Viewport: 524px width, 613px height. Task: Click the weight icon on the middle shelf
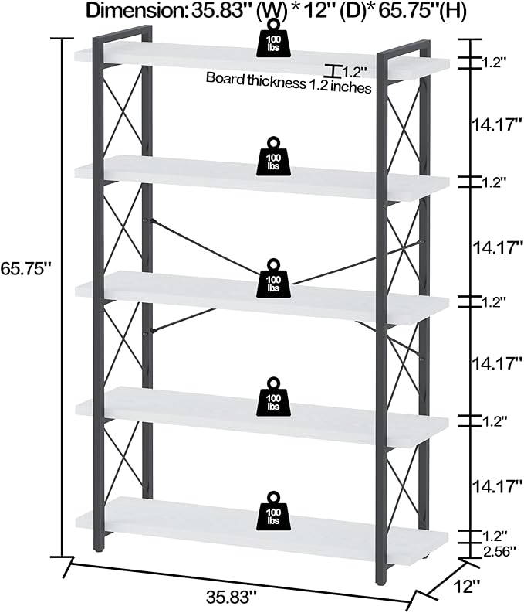click(274, 278)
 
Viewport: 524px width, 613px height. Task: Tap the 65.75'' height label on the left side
click(26, 268)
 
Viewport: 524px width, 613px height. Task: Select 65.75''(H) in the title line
click(424, 11)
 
